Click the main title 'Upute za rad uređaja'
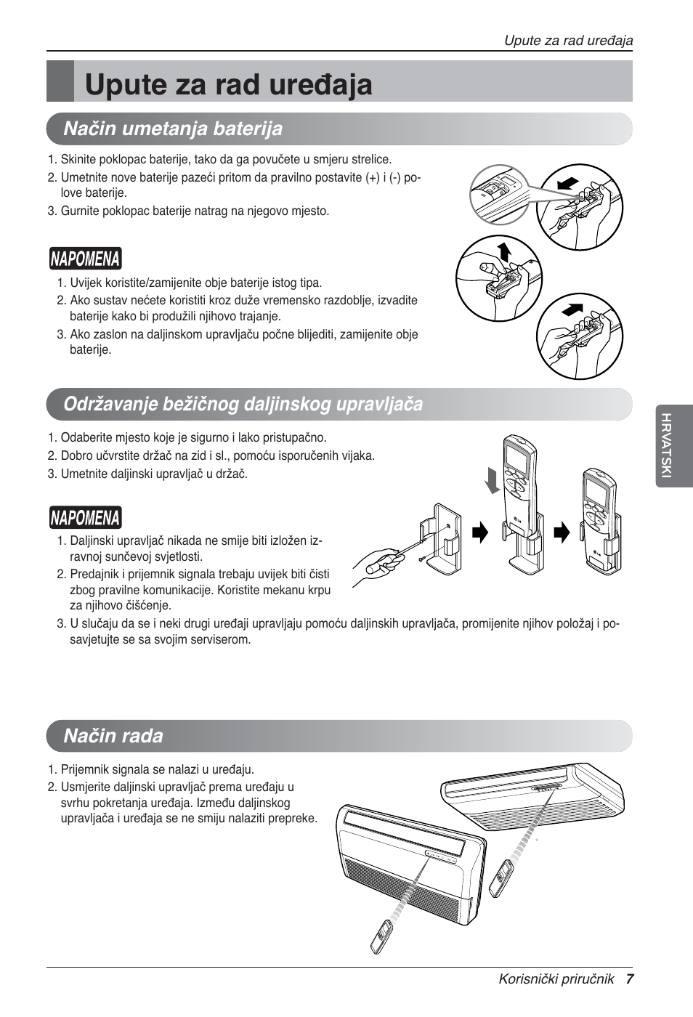228,84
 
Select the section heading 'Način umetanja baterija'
173,129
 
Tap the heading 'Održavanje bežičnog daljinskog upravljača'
243,404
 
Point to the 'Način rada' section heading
113,736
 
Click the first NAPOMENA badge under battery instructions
85,259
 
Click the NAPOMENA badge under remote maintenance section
85,518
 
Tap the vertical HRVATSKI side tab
666,445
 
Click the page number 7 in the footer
630,978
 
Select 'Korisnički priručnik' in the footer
556,978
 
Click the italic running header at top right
568,41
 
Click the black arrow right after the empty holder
480,534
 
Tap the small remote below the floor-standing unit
383,937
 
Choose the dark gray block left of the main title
60,81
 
